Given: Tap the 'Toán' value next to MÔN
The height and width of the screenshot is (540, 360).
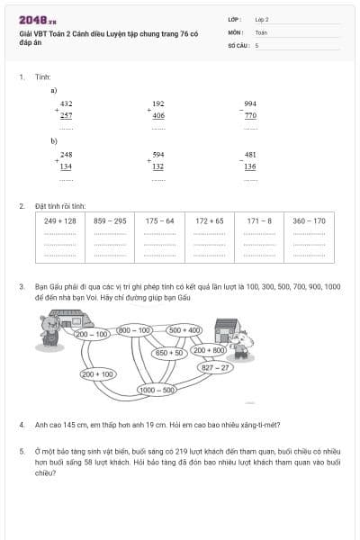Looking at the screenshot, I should [x=261, y=31].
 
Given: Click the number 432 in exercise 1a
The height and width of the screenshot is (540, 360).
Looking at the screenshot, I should [x=67, y=104].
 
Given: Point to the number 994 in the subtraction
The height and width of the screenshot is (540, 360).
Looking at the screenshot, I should [x=249, y=104].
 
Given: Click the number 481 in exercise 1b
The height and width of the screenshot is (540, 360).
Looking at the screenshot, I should [x=249, y=155].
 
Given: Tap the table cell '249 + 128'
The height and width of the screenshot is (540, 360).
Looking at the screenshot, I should [x=60, y=220].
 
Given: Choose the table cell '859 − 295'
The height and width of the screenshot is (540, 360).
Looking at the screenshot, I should [x=110, y=220].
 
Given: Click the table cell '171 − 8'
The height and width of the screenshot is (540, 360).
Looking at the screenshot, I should [x=259, y=220].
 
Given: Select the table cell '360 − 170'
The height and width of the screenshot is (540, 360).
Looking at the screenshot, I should [x=309, y=220].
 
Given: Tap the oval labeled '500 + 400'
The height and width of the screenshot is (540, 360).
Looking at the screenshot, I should [x=186, y=330].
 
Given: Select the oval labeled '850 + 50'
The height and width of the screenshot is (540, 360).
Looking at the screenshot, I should [x=169, y=353].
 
